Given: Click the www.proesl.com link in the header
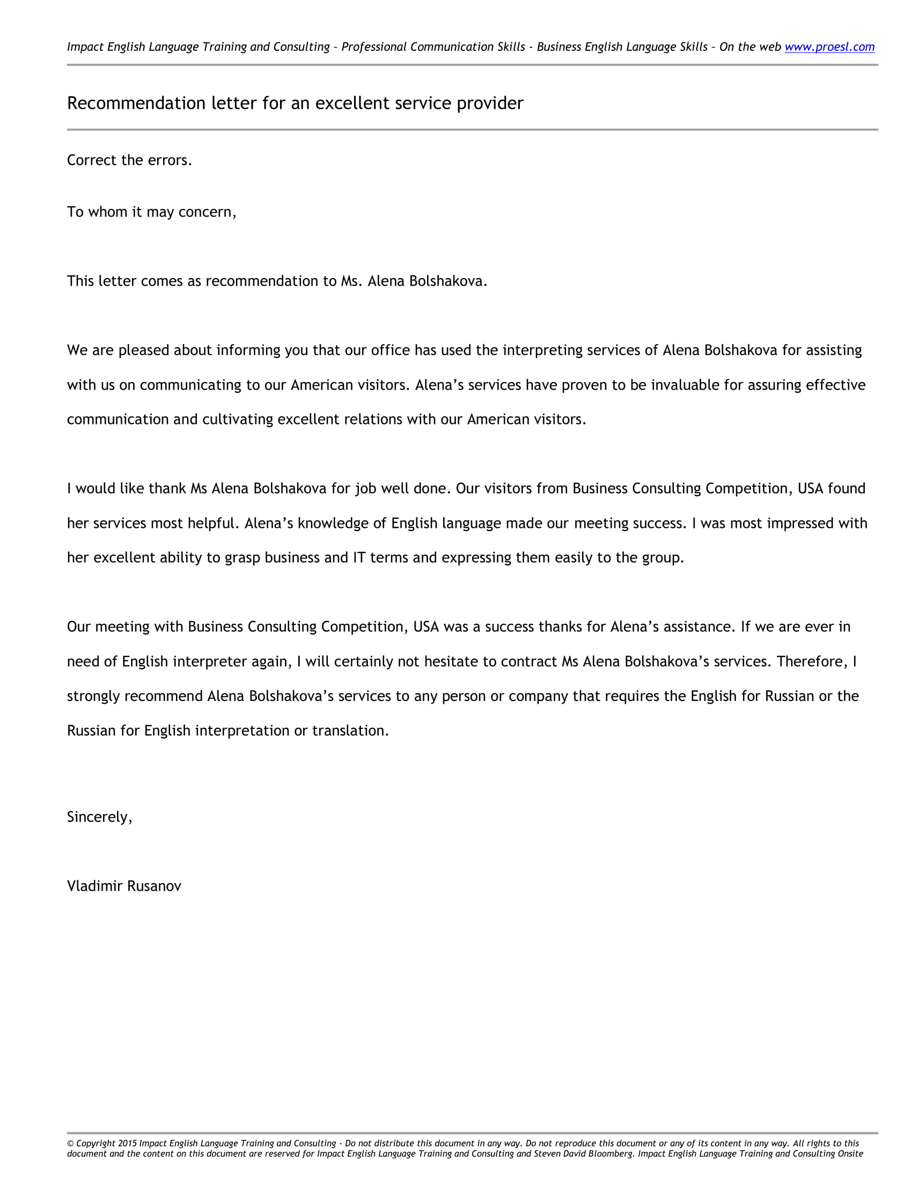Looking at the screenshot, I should pos(829,47).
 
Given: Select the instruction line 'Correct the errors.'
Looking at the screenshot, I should pos(129,160).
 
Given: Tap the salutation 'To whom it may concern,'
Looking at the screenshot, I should pos(151,212).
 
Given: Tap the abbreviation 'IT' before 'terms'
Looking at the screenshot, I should pos(359,558).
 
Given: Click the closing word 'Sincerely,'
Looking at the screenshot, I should pos(99,817).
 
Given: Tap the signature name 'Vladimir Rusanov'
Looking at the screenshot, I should pos(124,886).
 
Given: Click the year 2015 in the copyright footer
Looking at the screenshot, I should pos(128,1144).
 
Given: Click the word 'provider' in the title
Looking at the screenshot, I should pos(489,103).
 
